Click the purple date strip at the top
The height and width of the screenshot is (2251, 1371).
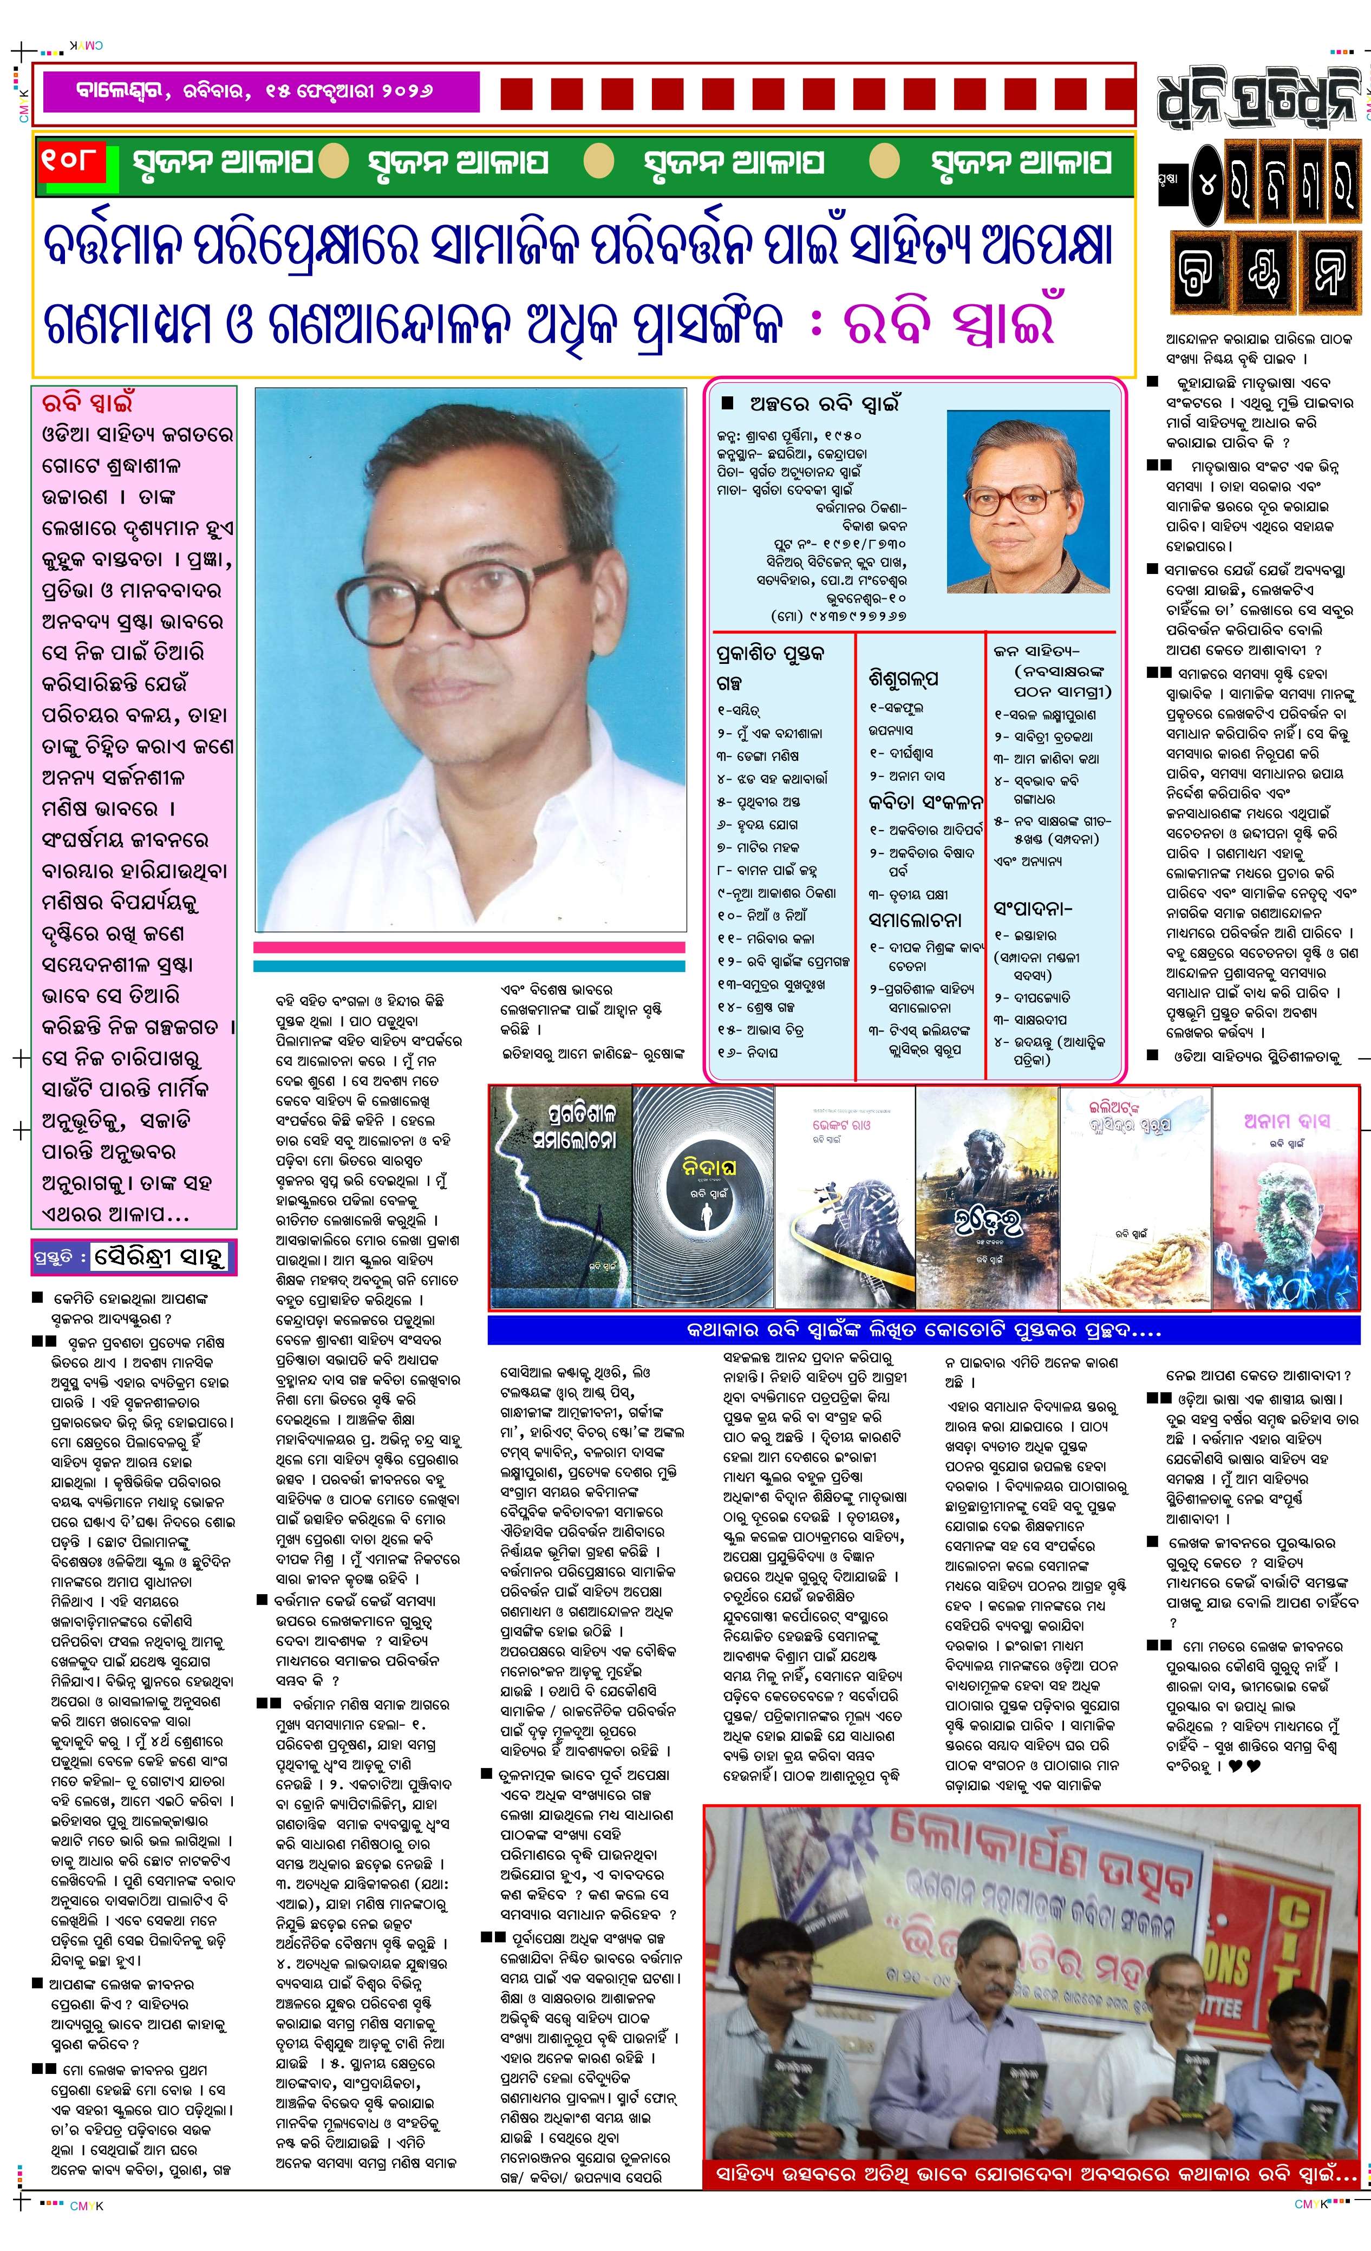tap(256, 92)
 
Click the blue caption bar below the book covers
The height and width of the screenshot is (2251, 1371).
tap(923, 1330)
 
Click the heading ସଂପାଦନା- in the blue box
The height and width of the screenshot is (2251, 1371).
tap(1032, 909)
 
